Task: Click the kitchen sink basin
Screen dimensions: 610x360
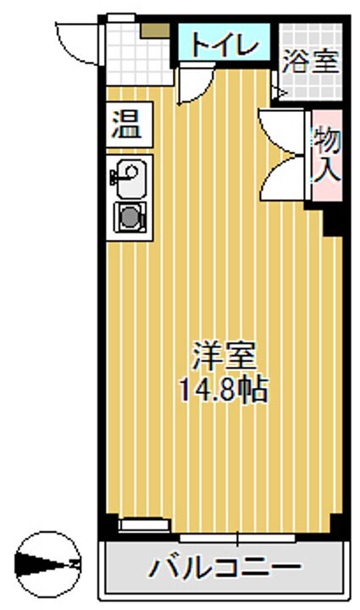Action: [x=129, y=176]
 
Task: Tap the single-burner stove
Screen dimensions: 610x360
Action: [x=130, y=216]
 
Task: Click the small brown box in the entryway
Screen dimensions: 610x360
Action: [x=155, y=32]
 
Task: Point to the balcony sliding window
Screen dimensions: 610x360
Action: [x=237, y=536]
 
